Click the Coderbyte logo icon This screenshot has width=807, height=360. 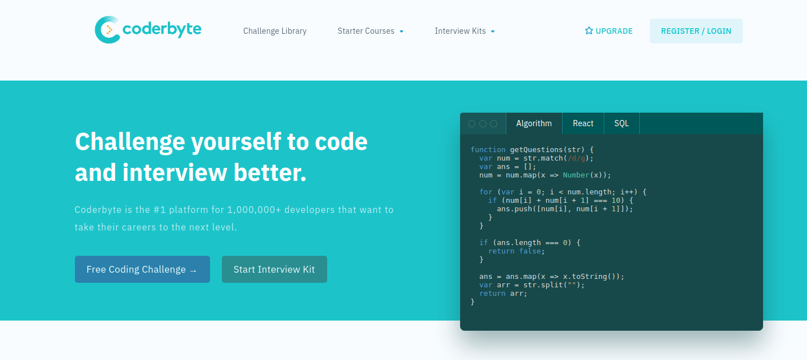tap(108, 30)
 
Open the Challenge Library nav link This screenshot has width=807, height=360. tap(275, 31)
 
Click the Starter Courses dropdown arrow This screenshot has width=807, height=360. tap(402, 32)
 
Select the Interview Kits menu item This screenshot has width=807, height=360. tap(460, 31)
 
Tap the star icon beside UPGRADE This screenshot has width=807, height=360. tap(589, 31)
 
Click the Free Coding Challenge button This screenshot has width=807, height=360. tap(142, 269)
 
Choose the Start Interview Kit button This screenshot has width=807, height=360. tap(274, 269)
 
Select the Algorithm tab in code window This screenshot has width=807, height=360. tap(534, 123)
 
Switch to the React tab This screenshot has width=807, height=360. tap(583, 123)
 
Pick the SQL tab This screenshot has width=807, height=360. tap(622, 123)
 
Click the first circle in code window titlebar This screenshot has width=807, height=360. tap(472, 123)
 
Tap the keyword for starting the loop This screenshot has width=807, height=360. tap(485, 192)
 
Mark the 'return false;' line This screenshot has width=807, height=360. tap(516, 251)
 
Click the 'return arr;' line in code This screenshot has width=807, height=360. tap(503, 294)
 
